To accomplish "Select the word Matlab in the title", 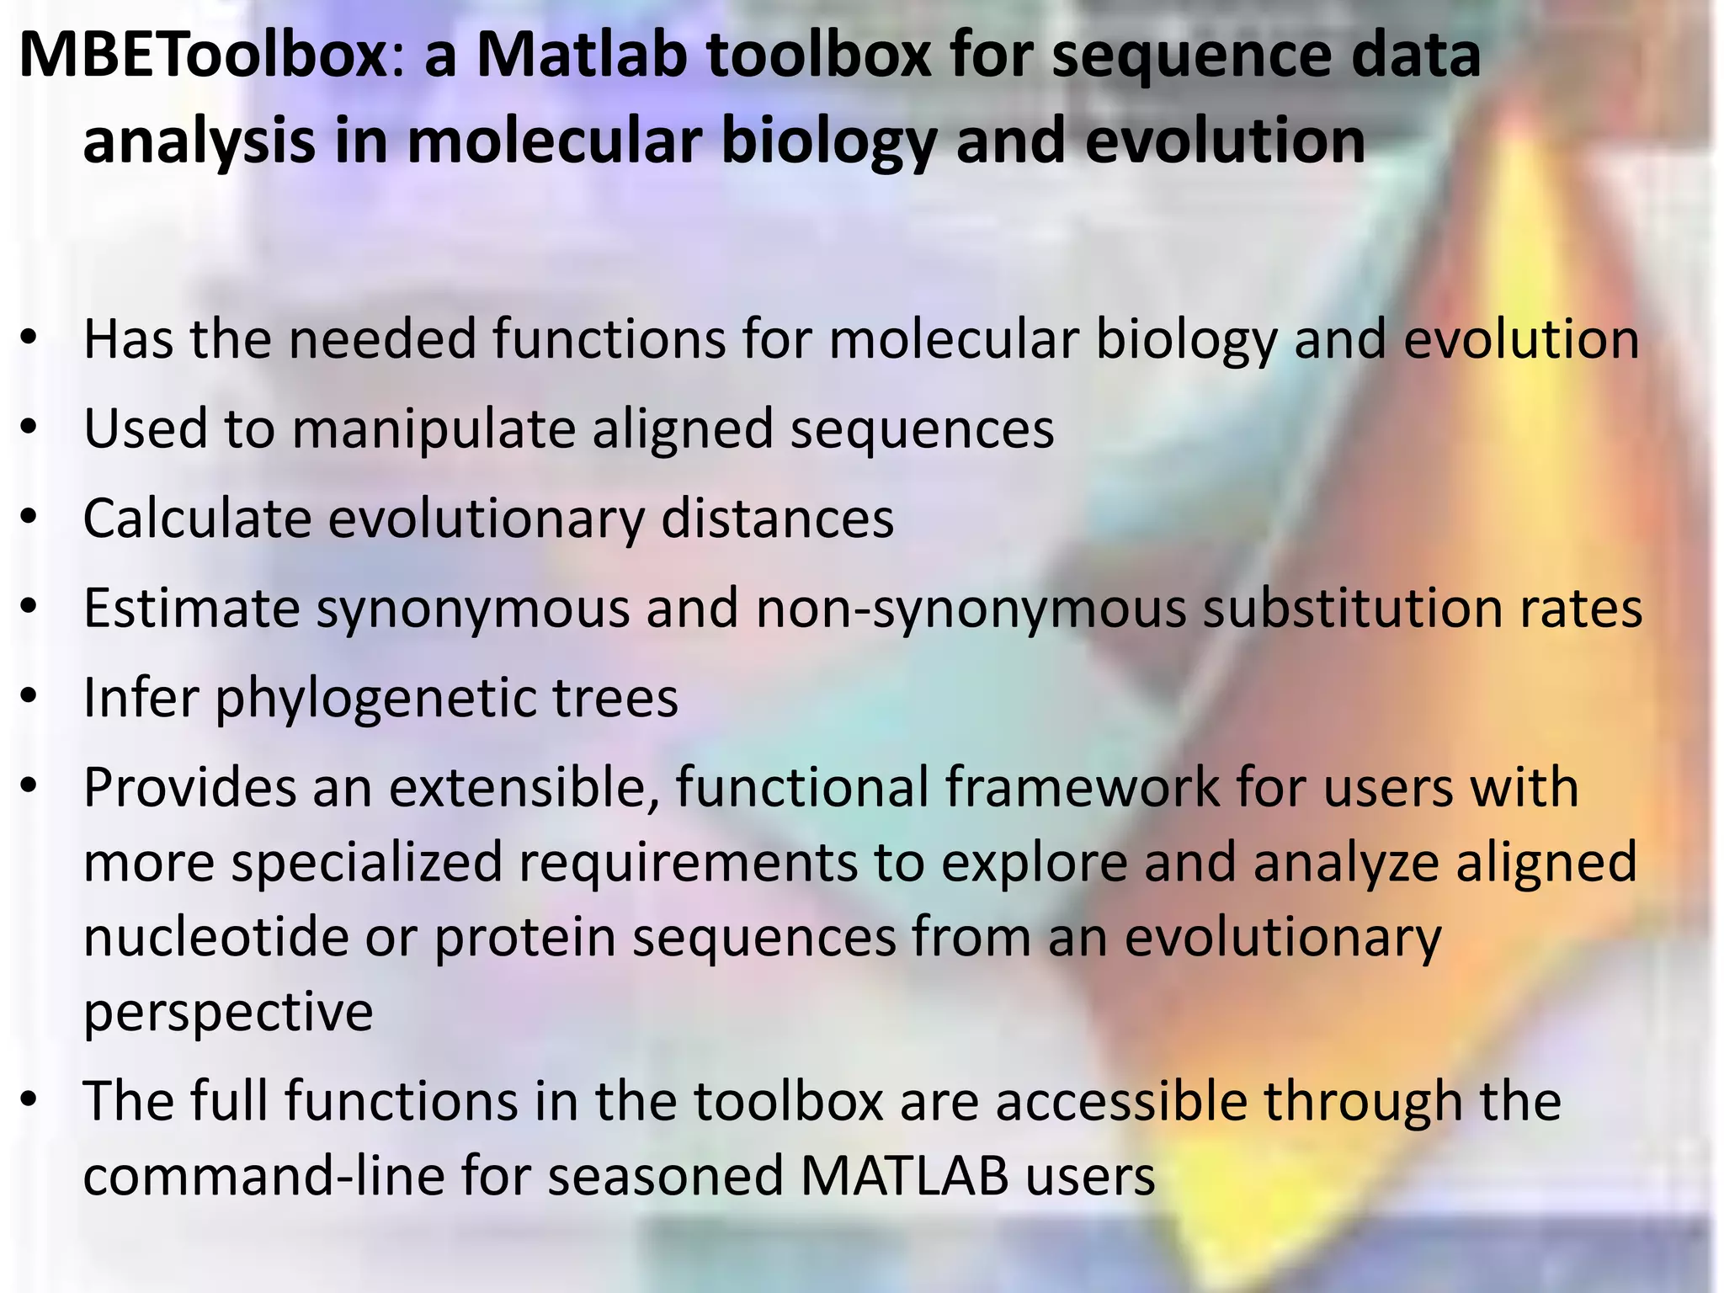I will (x=581, y=55).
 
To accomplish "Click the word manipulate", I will (x=433, y=429).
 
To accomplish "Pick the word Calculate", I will (x=197, y=519).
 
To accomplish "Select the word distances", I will (x=777, y=519).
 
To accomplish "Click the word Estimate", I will (x=192, y=608).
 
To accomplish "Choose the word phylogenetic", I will (x=375, y=699).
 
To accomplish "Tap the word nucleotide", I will (x=215, y=937).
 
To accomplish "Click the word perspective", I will (x=228, y=1012).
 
